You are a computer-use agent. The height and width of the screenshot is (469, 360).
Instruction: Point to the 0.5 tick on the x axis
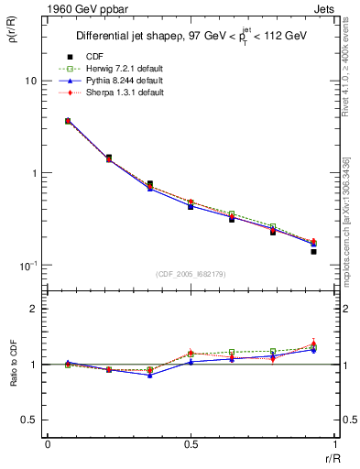coord(190,444)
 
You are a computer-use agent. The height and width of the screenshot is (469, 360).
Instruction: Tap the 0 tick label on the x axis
coord(47,444)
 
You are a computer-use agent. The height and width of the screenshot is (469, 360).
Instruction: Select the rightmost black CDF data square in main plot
coord(313,251)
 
